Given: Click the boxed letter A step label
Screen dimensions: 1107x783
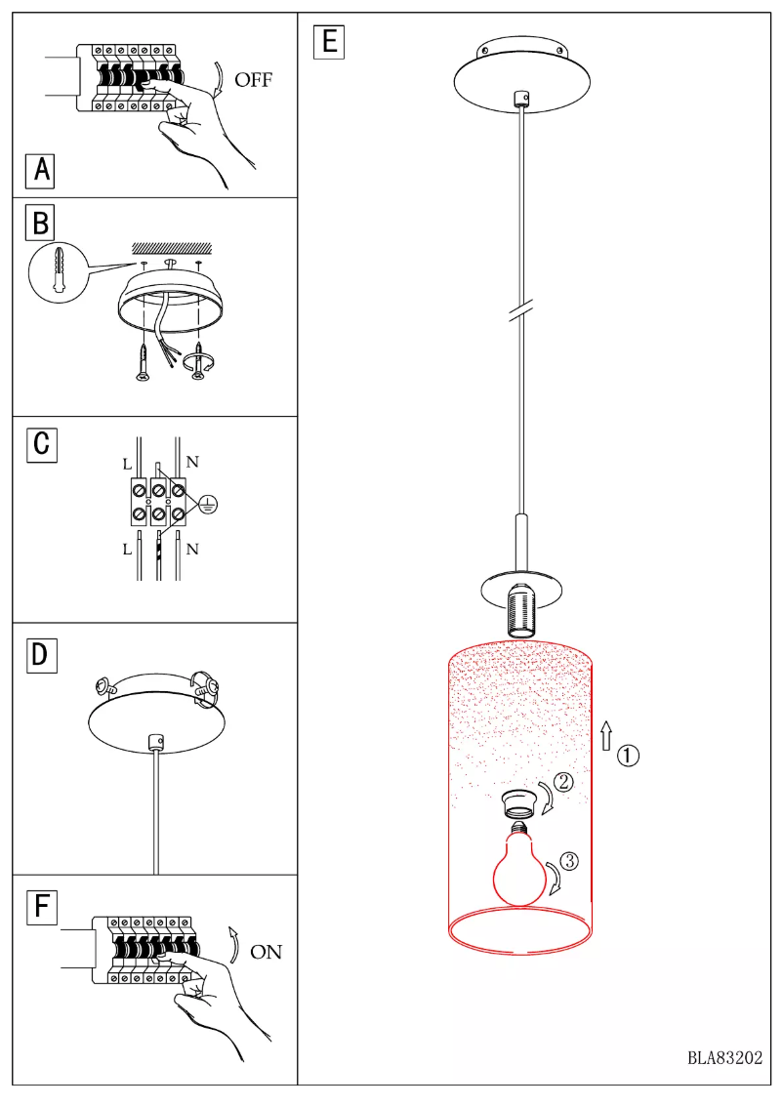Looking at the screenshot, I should (x=41, y=170).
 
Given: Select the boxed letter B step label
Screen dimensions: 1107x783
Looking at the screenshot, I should (x=41, y=224).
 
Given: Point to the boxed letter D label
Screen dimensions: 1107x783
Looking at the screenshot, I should (x=41, y=654).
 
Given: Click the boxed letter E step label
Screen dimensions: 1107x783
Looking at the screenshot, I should (x=327, y=42).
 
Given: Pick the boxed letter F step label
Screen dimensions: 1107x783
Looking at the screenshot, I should (x=41, y=907).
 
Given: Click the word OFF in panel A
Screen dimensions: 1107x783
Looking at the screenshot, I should (x=254, y=81).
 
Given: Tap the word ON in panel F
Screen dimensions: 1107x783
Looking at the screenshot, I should (x=266, y=952).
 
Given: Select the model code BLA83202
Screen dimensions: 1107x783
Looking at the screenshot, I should (x=724, y=1057).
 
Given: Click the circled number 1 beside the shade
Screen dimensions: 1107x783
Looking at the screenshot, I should (x=630, y=755).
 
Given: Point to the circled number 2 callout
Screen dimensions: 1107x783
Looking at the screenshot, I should (x=564, y=781).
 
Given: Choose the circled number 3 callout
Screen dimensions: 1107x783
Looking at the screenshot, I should (x=571, y=861).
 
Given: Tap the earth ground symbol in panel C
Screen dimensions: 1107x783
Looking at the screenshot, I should (x=208, y=505).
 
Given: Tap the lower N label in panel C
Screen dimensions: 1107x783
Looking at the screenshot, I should (x=192, y=549).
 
